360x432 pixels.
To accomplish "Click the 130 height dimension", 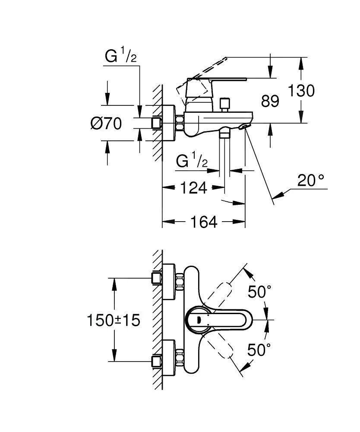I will click(x=302, y=91).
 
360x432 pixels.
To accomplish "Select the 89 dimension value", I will click(x=270, y=102).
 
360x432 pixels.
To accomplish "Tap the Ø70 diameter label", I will click(x=106, y=124).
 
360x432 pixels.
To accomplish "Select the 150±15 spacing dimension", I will click(x=114, y=320).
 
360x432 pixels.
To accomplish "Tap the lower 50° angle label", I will click(x=259, y=349).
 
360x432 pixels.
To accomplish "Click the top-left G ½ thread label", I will click(x=121, y=57).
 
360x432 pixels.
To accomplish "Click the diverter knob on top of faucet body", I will click(x=224, y=104).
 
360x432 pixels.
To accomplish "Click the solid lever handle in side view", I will click(x=216, y=81).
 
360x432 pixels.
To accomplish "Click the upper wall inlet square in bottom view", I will click(x=156, y=278).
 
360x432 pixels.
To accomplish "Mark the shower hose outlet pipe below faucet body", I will click(x=225, y=151).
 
